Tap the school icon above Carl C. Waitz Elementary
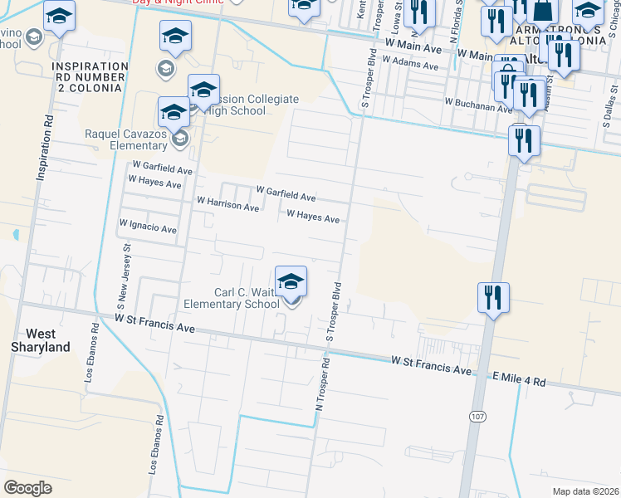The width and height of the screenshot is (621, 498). (x=291, y=282)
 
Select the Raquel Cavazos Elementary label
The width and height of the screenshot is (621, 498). (x=126, y=139)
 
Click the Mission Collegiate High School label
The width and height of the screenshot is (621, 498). (x=248, y=105)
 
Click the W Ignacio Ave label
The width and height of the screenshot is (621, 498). (x=148, y=225)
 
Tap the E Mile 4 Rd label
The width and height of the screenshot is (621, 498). (x=518, y=381)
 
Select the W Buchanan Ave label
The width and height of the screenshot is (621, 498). (x=478, y=105)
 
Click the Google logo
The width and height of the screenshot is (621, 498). (x=27, y=488)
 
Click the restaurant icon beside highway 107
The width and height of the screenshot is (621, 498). (x=493, y=297)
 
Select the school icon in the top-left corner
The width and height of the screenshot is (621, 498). (x=59, y=17)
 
